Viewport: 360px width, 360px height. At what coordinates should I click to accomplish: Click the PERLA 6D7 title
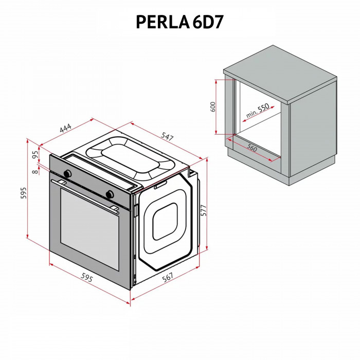click(179, 21)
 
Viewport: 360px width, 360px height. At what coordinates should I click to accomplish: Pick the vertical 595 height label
click(23, 192)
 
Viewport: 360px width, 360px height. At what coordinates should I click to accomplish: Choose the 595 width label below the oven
click(87, 278)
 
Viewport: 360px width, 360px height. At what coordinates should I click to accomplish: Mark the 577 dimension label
click(203, 211)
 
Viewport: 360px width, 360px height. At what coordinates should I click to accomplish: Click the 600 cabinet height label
click(212, 107)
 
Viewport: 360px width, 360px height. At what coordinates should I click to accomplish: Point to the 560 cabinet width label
click(251, 148)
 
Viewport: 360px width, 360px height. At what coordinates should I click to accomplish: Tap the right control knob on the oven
click(109, 194)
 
